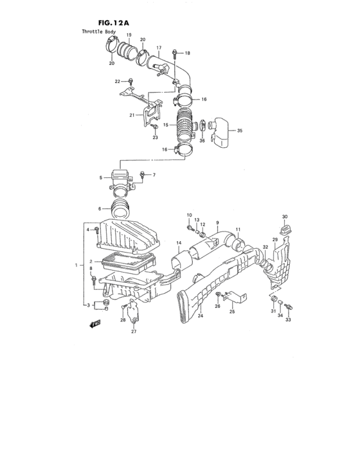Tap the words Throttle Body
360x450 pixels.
[100, 32]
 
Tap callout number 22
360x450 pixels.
[117, 81]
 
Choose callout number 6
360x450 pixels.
[100, 209]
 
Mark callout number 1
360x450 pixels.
[78, 265]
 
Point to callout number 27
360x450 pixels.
[134, 332]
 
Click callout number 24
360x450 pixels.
[200, 316]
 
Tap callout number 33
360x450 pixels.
[288, 319]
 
